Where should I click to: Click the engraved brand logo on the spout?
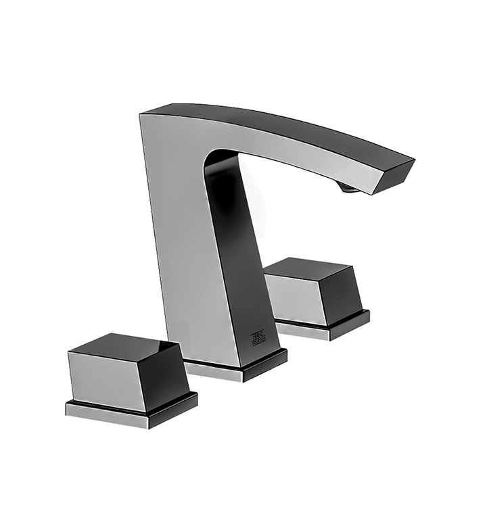point(260,336)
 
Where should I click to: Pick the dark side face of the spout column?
point(237,257)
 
